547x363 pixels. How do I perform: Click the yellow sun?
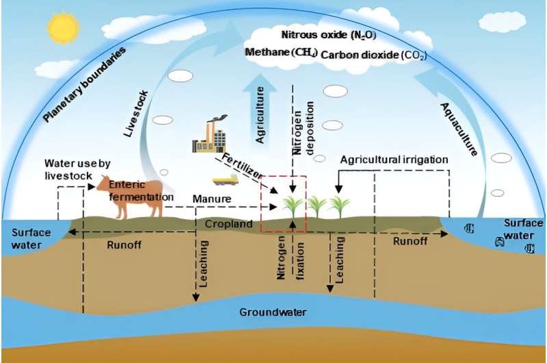point(64,29)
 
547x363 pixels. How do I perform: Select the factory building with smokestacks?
point(210,135)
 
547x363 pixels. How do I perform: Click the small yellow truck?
point(226,180)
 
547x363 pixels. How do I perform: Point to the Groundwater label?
point(273,312)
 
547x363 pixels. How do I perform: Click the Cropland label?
point(228,223)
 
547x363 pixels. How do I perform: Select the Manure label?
point(212,199)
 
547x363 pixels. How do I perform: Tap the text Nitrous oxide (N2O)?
point(329,35)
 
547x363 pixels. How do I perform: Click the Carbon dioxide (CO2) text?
point(373,55)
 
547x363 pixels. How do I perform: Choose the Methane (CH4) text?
point(281,53)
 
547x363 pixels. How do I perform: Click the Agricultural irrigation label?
point(395,160)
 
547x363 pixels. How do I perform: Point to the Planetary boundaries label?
point(84,84)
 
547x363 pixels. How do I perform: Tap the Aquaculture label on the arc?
point(459,129)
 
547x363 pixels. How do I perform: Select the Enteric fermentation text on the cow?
point(142,191)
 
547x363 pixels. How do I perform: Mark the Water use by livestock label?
point(77,169)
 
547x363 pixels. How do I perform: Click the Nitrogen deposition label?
point(303,128)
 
